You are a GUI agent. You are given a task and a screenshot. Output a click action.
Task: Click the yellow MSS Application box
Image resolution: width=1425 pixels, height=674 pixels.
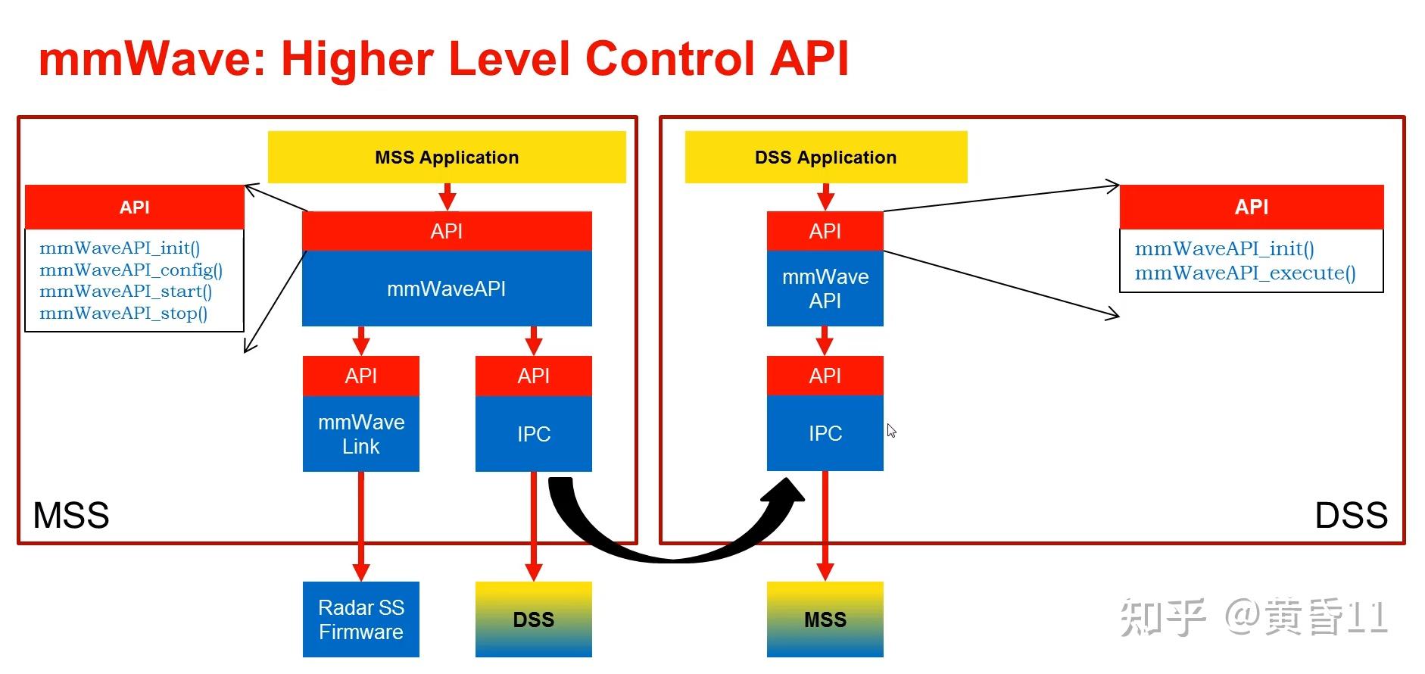[447, 157]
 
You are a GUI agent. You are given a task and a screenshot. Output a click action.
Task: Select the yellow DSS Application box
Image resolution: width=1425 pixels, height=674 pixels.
[826, 157]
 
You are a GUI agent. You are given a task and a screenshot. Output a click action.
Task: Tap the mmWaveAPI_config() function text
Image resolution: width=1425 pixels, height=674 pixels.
[131, 270]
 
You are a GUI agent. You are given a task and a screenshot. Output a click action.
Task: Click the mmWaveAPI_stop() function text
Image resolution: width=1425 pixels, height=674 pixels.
[123, 313]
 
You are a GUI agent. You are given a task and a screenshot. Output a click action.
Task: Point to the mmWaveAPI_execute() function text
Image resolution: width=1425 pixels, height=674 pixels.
[1246, 273]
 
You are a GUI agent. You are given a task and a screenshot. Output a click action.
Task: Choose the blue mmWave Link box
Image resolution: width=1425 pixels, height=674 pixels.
[361, 434]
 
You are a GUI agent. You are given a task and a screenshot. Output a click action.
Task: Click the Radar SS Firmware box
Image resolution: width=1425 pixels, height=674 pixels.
[361, 619]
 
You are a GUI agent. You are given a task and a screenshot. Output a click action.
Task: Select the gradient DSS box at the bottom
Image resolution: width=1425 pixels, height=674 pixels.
[534, 619]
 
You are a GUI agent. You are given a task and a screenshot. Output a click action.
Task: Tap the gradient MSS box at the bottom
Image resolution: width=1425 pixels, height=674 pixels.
[825, 619]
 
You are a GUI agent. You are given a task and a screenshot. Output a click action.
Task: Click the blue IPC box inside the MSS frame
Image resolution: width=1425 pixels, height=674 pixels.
[534, 434]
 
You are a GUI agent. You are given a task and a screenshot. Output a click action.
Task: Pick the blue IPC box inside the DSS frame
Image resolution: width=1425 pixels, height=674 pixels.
[825, 433]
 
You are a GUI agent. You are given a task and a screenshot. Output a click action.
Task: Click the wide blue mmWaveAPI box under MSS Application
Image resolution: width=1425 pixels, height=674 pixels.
[447, 289]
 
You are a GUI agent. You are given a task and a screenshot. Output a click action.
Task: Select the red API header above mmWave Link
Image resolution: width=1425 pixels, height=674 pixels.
[361, 376]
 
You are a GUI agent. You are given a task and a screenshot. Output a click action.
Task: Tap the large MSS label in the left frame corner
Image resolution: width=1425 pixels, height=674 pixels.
[71, 516]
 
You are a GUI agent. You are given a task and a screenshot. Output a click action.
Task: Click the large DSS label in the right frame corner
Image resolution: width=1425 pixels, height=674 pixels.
[1352, 516]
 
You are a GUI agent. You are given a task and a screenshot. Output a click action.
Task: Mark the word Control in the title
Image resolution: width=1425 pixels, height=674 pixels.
[670, 58]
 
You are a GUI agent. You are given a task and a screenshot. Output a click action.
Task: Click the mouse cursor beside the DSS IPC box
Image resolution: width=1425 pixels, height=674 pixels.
[891, 430]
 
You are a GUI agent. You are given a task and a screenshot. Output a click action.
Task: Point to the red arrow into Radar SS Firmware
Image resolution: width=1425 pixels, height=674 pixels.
[361, 526]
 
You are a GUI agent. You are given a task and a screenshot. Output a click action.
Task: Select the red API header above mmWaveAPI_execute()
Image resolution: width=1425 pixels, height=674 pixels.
[1252, 207]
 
